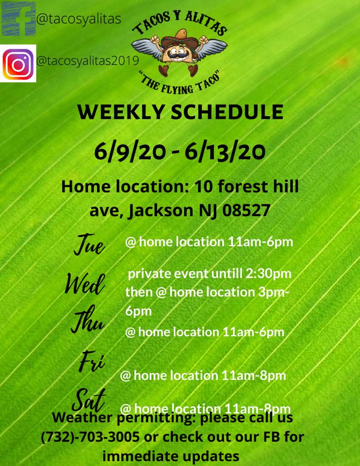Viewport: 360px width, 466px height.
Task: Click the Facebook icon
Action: tap(18, 19)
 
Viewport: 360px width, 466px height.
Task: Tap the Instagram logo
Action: tap(18, 64)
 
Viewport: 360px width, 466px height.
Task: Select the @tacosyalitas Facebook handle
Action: tap(79, 19)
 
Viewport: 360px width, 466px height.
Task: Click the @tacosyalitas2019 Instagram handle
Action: tap(88, 61)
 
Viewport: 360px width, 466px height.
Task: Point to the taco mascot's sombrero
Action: tap(180, 37)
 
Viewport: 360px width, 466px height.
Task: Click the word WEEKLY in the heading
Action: tap(121, 112)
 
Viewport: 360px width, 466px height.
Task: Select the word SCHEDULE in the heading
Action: tap(227, 112)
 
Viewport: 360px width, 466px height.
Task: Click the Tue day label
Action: tap(89, 245)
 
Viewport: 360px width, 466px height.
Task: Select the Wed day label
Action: tap(85, 284)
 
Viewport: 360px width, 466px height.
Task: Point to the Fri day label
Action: tap(92, 361)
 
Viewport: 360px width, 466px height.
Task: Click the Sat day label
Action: tap(88, 400)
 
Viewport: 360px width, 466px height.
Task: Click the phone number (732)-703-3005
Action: tap(90, 437)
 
